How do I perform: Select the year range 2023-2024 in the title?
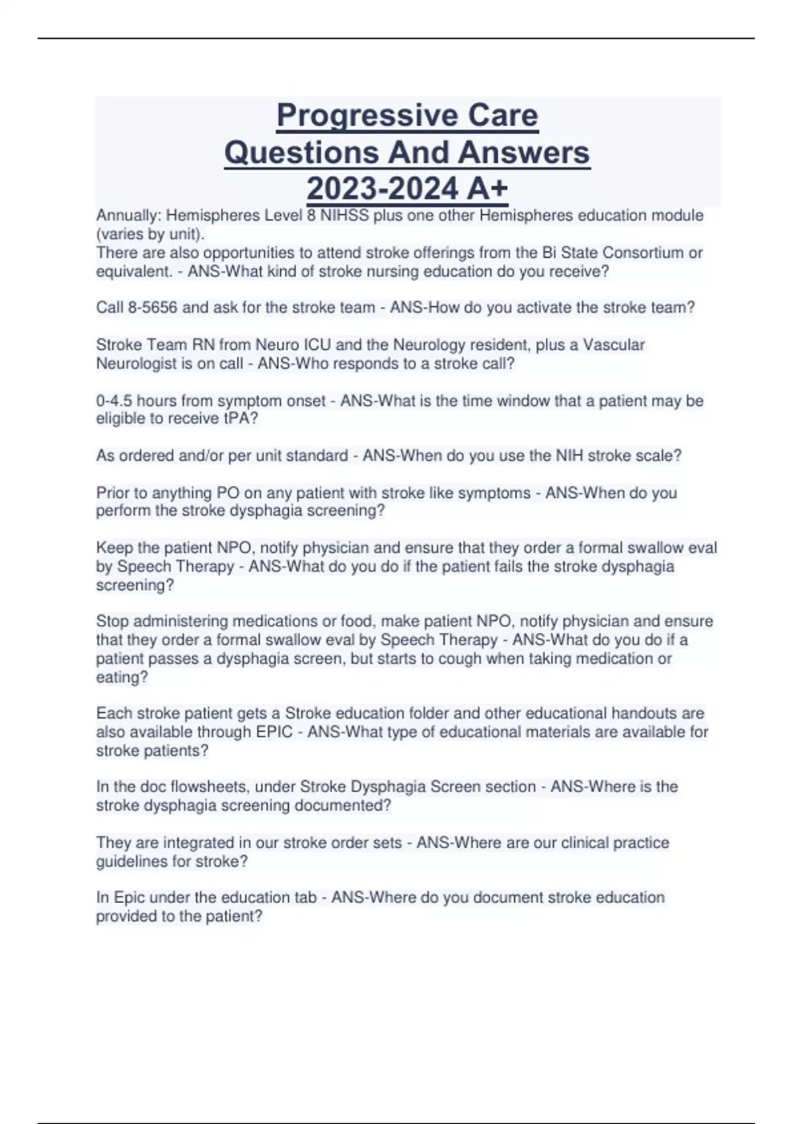click(x=383, y=188)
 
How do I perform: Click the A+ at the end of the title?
click(x=487, y=188)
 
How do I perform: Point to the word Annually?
click(x=128, y=216)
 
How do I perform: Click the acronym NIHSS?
click(x=344, y=216)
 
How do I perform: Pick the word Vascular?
click(x=613, y=344)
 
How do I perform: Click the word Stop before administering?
click(x=112, y=621)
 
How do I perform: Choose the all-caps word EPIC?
click(x=274, y=732)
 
